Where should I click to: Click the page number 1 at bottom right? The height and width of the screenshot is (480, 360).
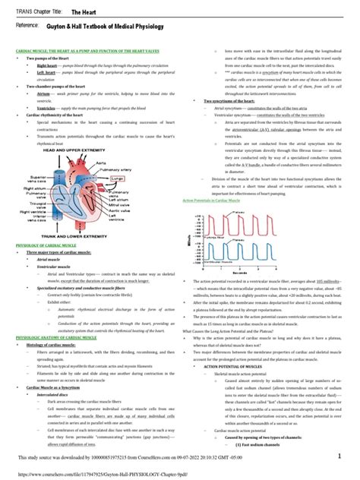coord(350,463)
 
